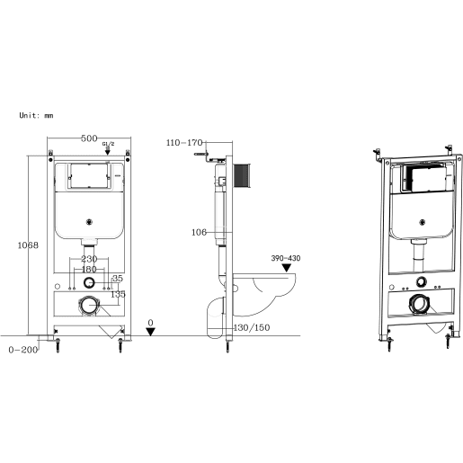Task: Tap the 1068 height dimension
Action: point(28,245)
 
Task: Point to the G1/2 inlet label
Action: point(107,144)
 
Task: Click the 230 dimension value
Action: point(89,260)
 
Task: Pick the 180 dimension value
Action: point(89,269)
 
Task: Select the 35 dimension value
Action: point(118,278)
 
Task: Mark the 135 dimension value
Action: point(118,294)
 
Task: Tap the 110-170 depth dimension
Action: point(184,142)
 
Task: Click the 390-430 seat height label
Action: point(285,258)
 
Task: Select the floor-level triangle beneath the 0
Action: point(151,331)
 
